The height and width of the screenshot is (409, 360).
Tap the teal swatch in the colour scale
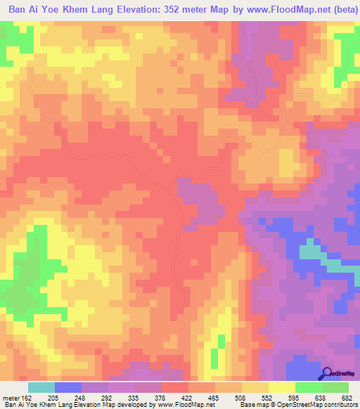click(41, 387)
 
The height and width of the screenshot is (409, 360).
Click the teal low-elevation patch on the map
click(311, 252)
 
